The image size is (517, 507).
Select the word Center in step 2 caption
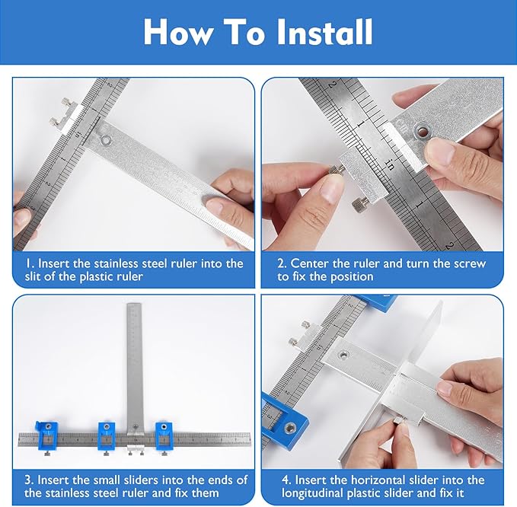[x=310, y=263]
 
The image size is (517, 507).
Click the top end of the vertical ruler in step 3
[x=134, y=307]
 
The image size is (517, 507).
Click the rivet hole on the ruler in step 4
[x=344, y=354]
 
